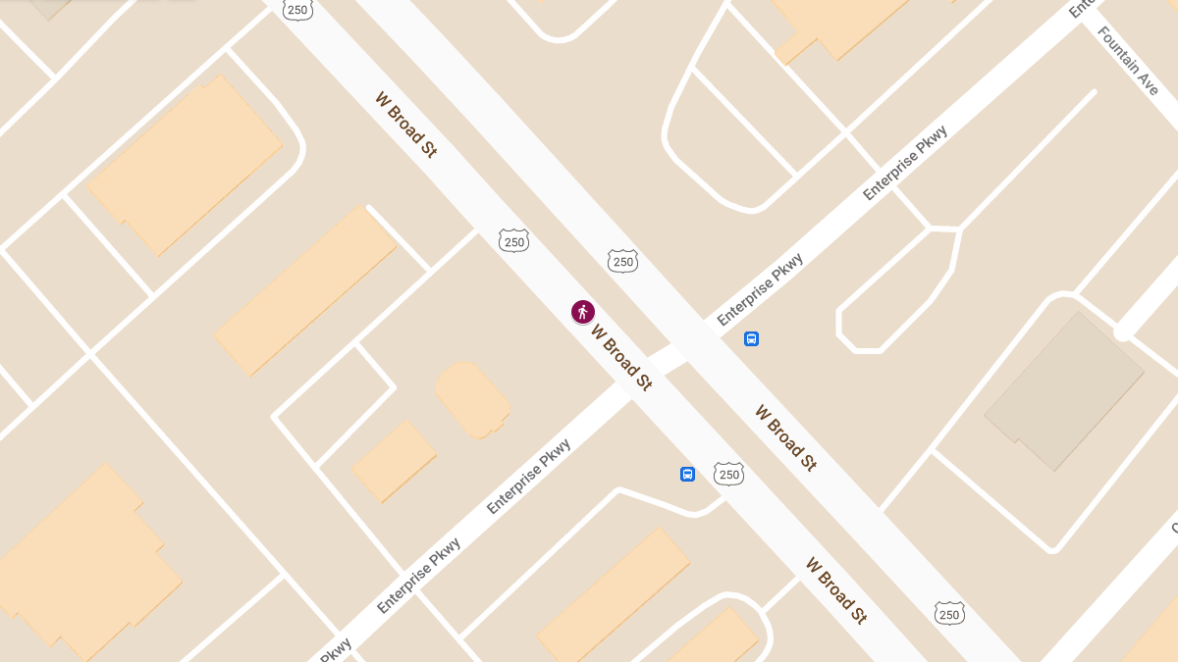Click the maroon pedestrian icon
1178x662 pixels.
583,312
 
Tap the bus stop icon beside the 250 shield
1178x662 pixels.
687,474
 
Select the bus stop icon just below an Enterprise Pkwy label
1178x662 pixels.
751,339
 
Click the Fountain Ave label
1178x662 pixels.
1128,61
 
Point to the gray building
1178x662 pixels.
1064,391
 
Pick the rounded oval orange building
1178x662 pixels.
472,399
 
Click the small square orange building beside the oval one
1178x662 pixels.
394,461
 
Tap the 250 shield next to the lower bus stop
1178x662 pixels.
728,474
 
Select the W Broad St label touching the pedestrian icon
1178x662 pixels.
620,357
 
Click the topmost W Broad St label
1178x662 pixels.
405,125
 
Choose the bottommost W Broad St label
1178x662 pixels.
836,590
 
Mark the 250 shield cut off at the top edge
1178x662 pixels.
297,9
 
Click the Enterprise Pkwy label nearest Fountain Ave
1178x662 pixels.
905,163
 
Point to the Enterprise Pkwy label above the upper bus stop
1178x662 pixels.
761,289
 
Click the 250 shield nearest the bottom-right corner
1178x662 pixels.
949,613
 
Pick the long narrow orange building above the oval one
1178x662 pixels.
305,289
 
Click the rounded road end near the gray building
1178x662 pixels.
1122,332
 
